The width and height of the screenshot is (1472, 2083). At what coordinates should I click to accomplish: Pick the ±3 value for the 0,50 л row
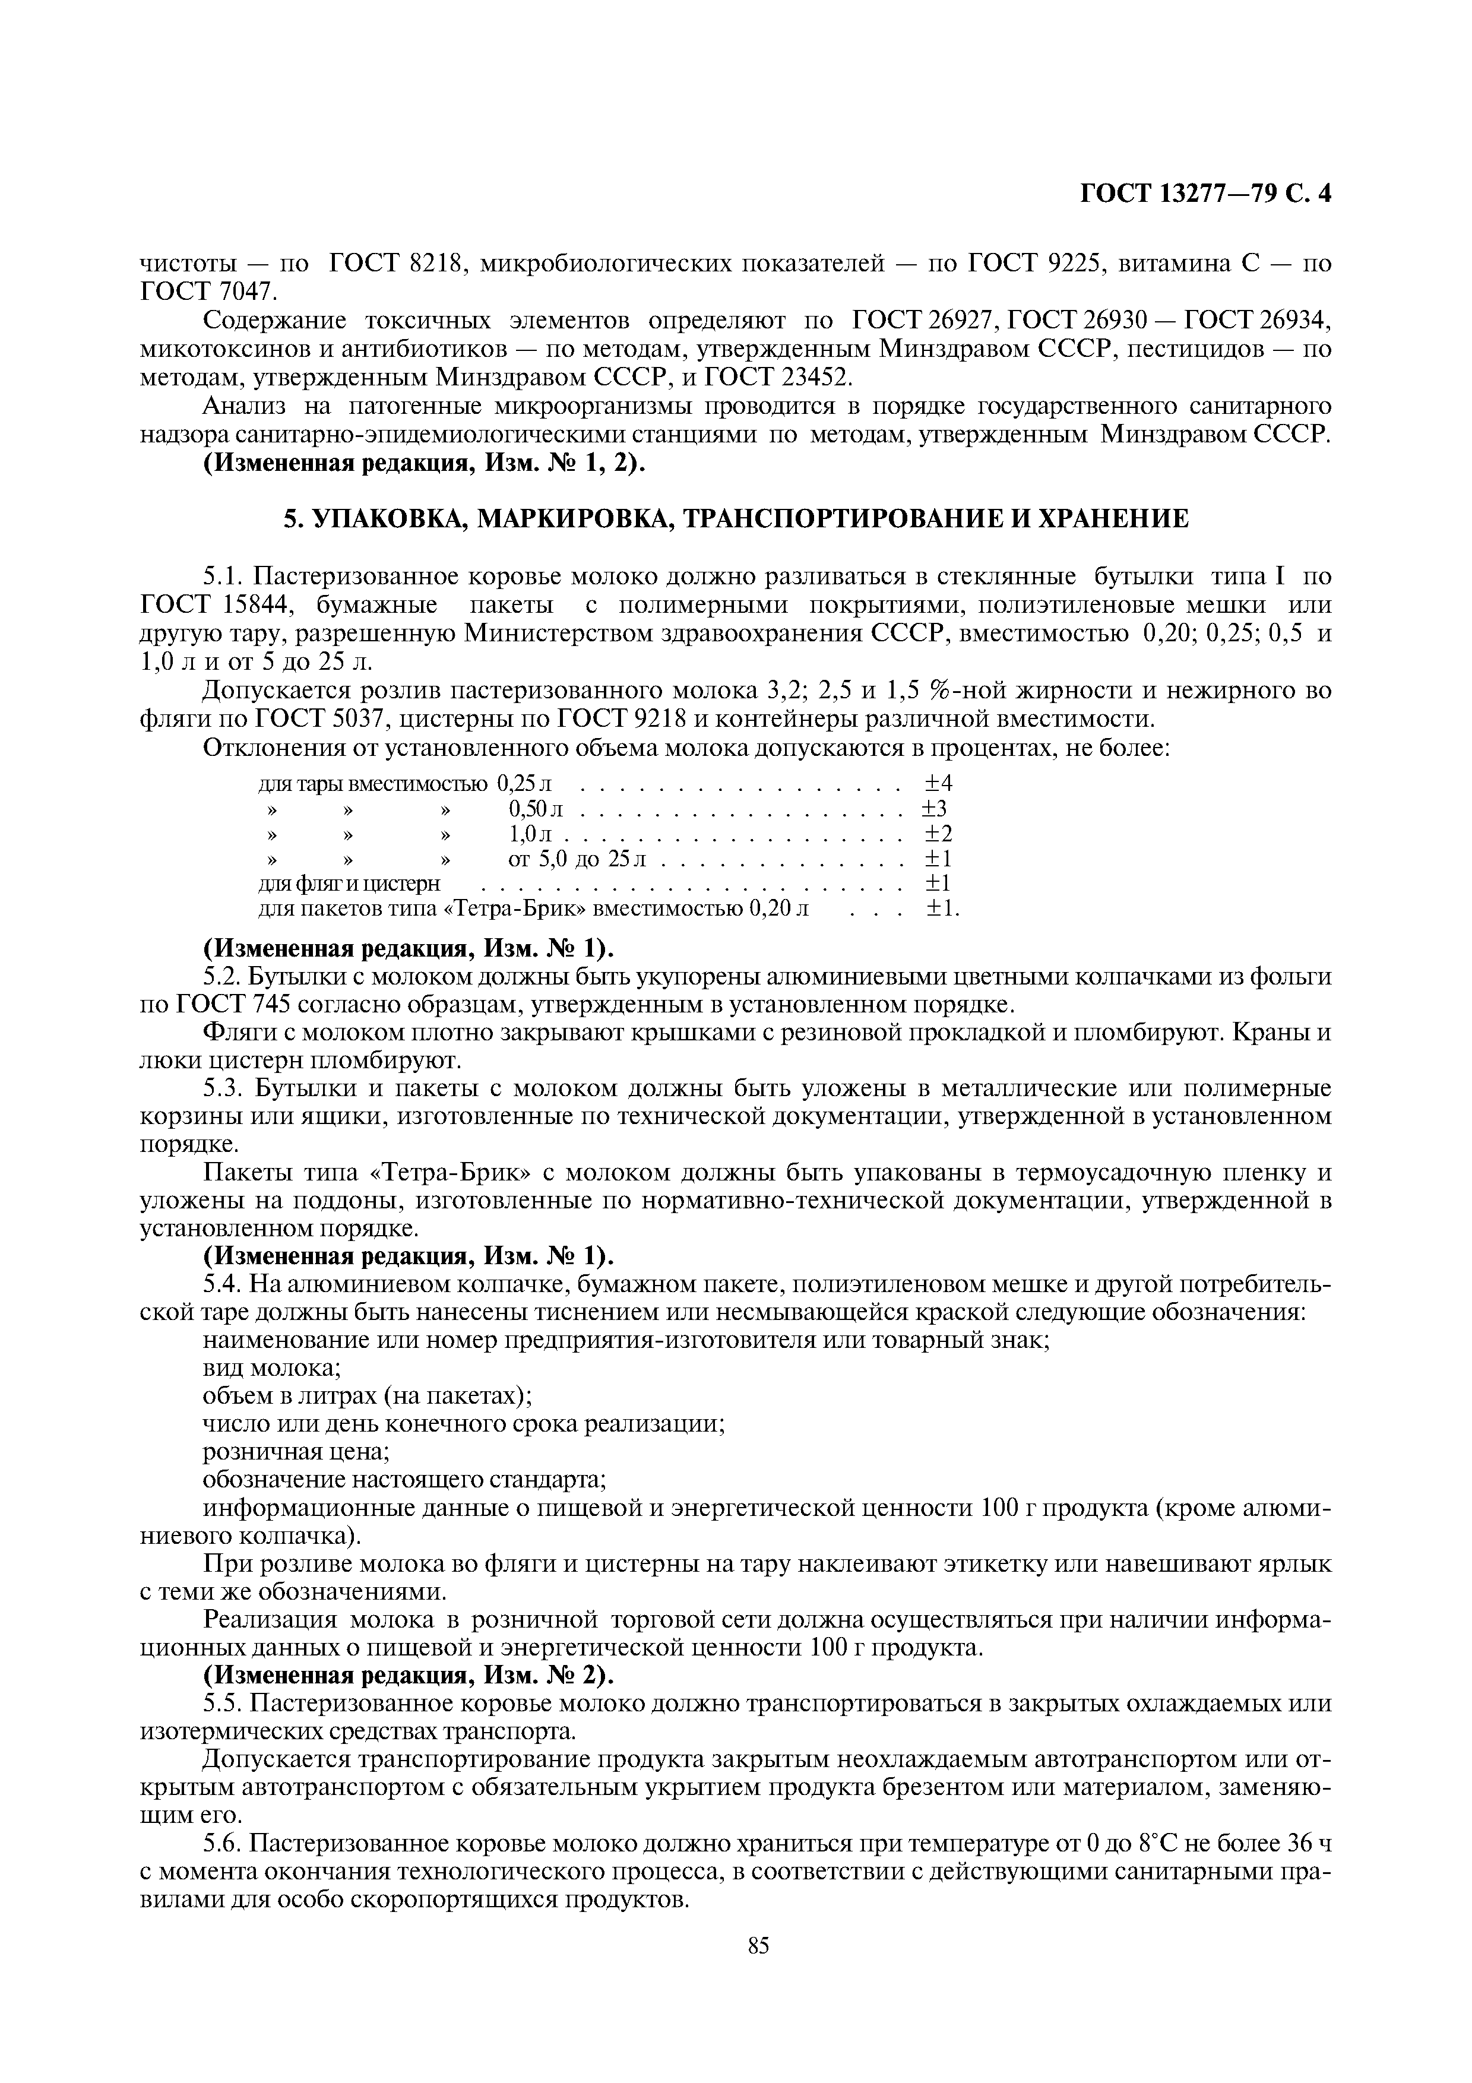point(935,808)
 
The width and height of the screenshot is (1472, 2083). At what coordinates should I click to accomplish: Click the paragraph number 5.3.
point(222,1088)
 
